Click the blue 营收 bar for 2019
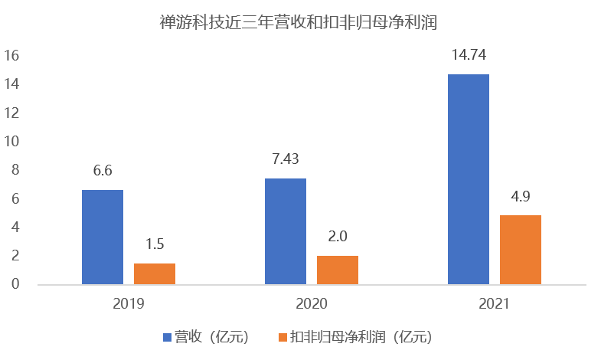[x=103, y=237]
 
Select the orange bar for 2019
[x=155, y=273]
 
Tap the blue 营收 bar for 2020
[x=286, y=231]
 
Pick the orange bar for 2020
[x=338, y=270]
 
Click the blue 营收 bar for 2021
[x=469, y=179]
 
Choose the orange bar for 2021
[x=521, y=250]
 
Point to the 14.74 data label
[x=469, y=55]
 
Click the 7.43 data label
[x=286, y=160]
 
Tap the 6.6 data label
[x=103, y=172]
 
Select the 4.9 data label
[x=521, y=197]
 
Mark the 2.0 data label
[x=338, y=237]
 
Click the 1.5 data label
[x=155, y=245]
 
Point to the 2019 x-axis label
[x=129, y=303]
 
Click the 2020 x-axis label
[x=312, y=303]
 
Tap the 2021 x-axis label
[x=495, y=303]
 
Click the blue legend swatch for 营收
[x=167, y=337]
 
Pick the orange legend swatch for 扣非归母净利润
[x=282, y=337]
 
